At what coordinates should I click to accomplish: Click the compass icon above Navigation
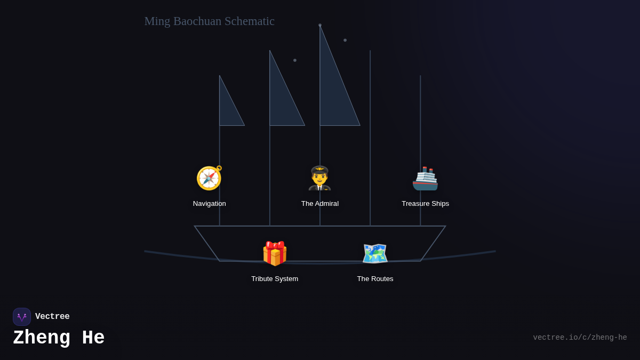[x=209, y=178]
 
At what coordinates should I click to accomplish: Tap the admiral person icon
[x=319, y=178]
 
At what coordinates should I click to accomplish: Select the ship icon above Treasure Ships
[x=425, y=178]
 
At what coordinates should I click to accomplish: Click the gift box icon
[x=275, y=253]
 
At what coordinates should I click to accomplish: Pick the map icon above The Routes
[x=375, y=253]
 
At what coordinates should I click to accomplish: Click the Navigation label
[x=209, y=204]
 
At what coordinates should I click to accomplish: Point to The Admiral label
[x=319, y=204]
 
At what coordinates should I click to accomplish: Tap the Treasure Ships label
[x=425, y=204]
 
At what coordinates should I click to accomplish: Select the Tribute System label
[x=275, y=279]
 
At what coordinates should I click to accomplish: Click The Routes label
[x=375, y=279]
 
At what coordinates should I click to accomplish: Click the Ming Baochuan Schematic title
[x=209, y=21]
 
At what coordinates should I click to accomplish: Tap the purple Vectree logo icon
[x=22, y=317]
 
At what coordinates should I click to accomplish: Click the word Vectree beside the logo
[x=52, y=317]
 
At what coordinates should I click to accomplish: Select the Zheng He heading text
[x=59, y=338]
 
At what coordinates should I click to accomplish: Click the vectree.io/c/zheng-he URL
[x=580, y=338]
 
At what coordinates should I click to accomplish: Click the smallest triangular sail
[x=228, y=109]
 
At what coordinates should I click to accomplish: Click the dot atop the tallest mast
[x=320, y=25]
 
